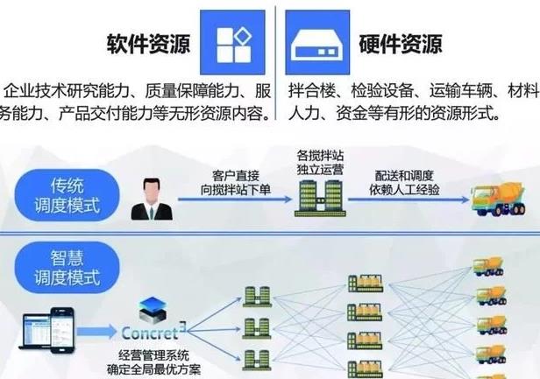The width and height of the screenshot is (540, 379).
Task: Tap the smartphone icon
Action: click(58, 324)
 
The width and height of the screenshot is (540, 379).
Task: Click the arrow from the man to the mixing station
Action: click(232, 200)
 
